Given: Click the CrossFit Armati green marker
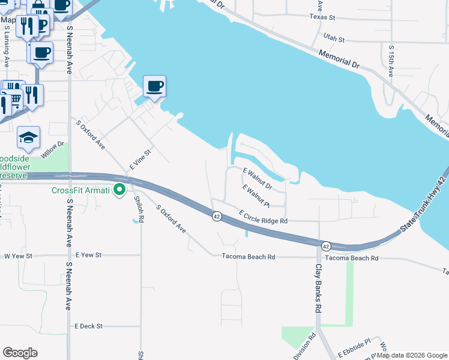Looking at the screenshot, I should pos(119,190).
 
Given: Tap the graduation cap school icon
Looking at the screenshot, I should pos(28,138).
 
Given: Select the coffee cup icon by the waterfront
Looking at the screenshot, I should pos(154,87).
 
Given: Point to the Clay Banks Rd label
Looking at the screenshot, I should pos(319,288).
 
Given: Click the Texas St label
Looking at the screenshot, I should pos(322,17).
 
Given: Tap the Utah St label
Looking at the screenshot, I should pos(334,38).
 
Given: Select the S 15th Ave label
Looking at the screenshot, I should pos(391,61).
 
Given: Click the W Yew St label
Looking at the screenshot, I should pos(17,256).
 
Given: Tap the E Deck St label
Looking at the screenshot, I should pos(89,326).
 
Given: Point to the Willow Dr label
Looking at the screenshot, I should pos(52,149).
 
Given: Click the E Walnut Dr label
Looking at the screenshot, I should pos(258,179).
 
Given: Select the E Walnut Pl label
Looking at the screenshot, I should pos(257,196).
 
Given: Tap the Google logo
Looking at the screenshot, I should pos(20,353).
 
